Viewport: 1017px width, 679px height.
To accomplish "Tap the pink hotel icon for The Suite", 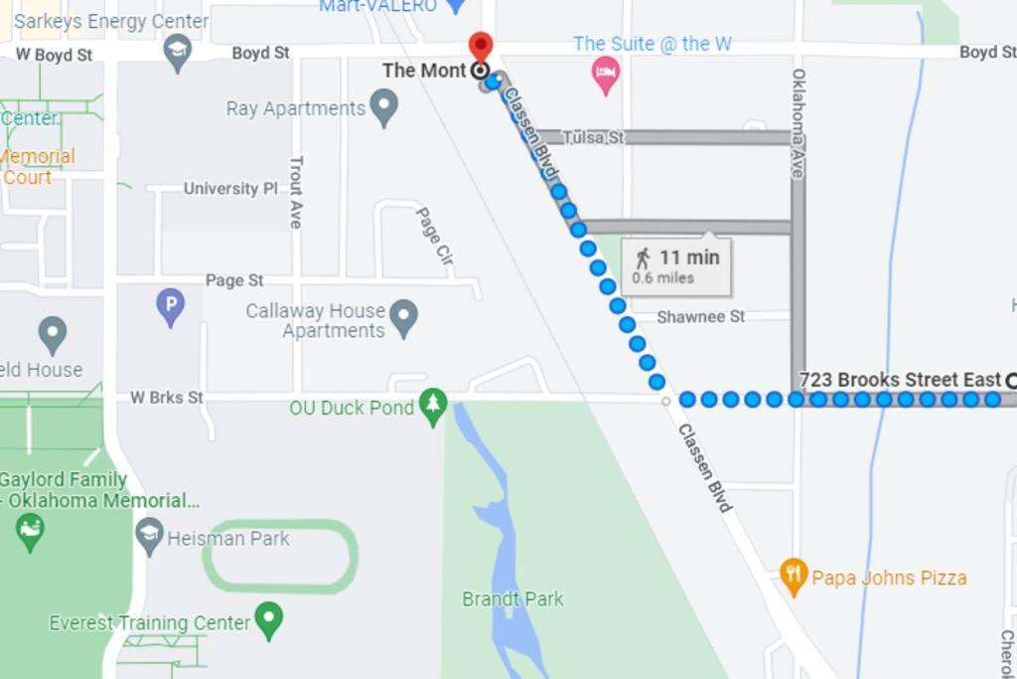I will click(x=606, y=73).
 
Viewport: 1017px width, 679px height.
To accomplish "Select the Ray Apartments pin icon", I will click(x=383, y=107).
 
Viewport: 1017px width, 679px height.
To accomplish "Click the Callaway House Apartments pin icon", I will click(x=402, y=318).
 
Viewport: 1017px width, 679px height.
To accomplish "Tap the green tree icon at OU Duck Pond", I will click(x=432, y=406).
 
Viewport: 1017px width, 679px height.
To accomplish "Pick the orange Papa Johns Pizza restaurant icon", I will click(x=793, y=576).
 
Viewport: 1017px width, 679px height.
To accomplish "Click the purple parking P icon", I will click(x=171, y=306).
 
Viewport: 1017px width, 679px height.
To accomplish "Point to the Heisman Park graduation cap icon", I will click(x=150, y=537).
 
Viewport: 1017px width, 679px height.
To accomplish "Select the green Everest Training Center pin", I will click(x=268, y=620).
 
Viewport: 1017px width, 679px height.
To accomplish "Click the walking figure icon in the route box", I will click(x=643, y=259).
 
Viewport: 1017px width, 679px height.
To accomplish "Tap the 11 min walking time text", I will click(x=689, y=257).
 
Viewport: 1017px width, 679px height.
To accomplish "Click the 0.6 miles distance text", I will click(x=662, y=278).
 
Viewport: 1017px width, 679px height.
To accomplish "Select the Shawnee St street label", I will click(x=700, y=316).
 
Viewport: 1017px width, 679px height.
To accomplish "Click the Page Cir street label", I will click(x=434, y=236).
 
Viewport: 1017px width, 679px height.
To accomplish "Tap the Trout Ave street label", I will click(x=295, y=193).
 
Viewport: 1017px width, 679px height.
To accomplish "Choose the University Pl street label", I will click(x=230, y=188).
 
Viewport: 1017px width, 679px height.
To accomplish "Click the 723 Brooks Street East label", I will click(x=900, y=380).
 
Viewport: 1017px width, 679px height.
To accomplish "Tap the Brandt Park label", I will click(x=512, y=598).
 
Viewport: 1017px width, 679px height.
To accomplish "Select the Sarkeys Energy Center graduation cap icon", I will click(x=178, y=53).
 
